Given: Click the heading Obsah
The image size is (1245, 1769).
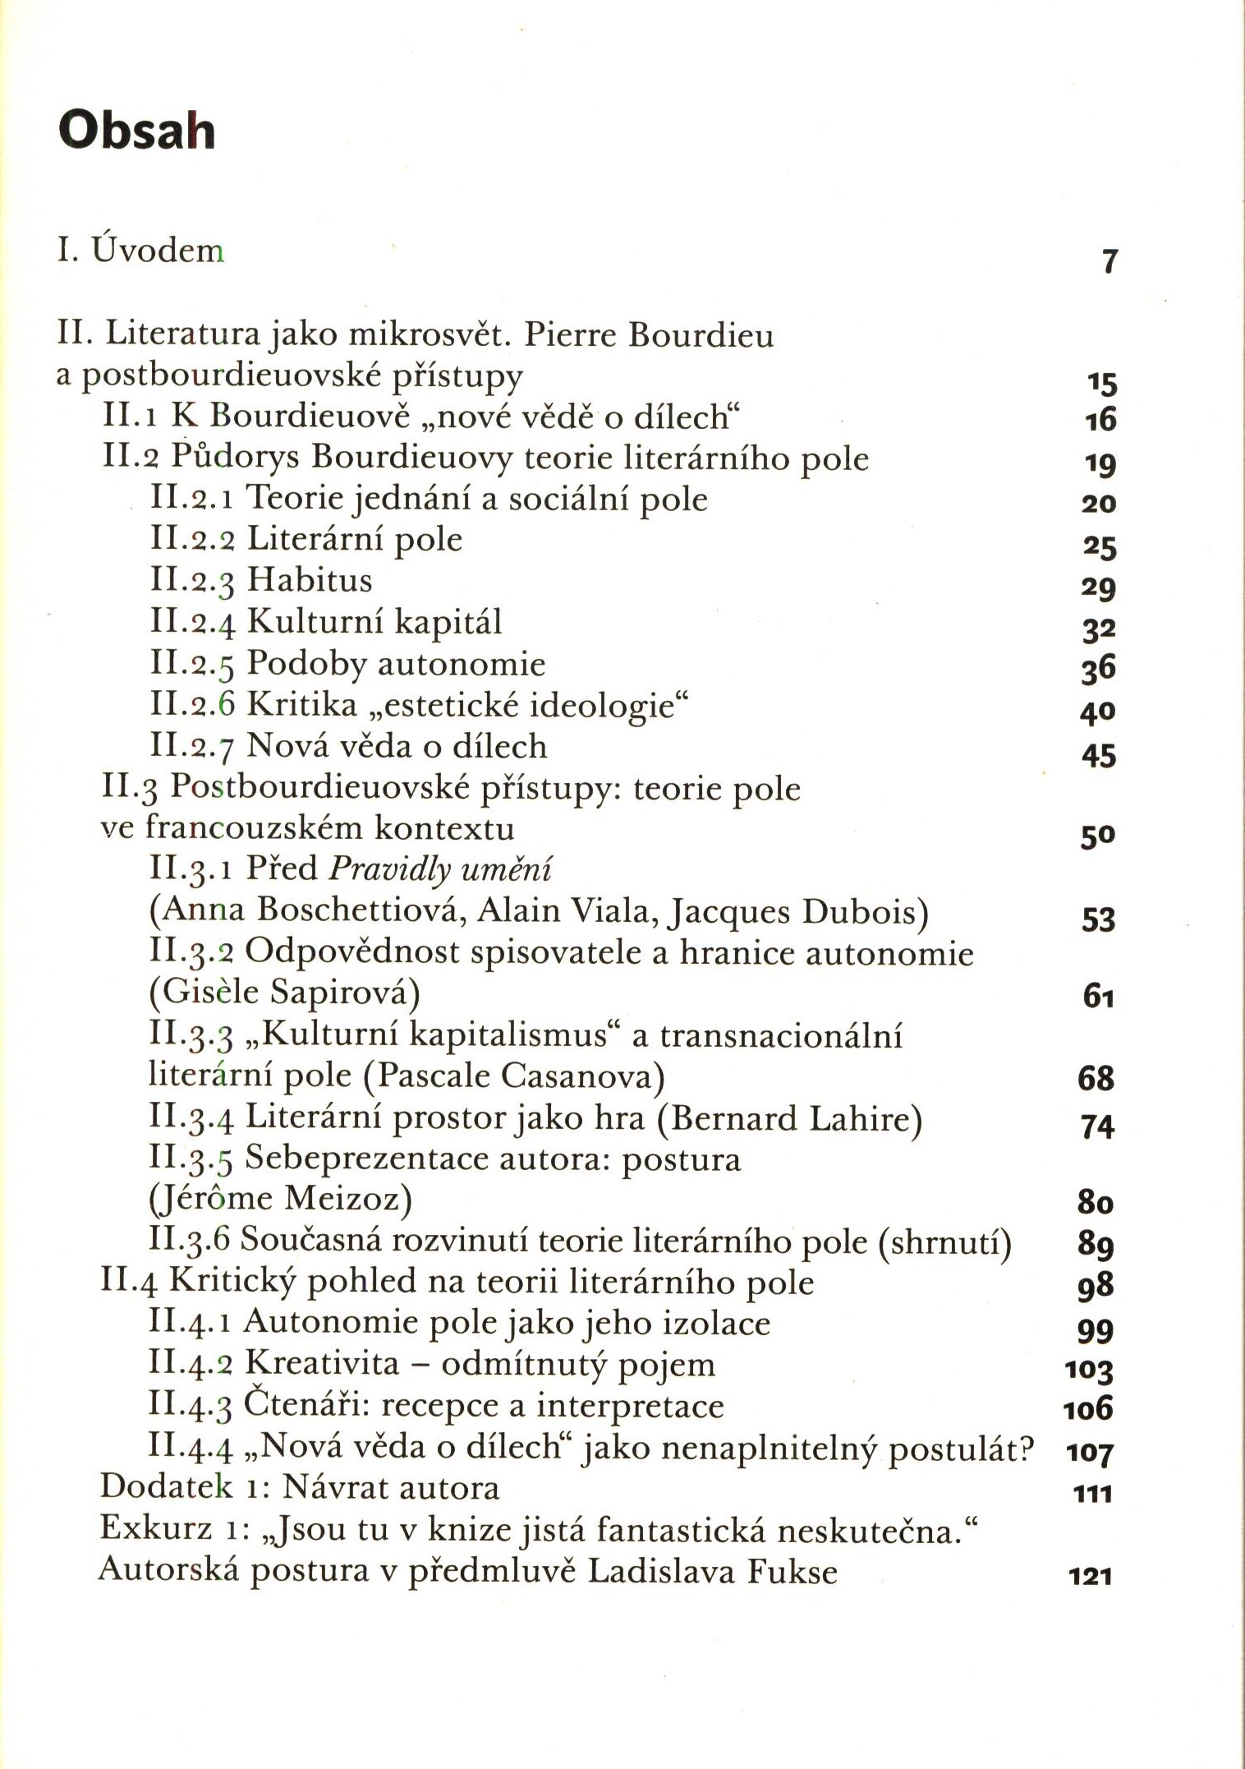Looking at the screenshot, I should pyautogui.click(x=136, y=130).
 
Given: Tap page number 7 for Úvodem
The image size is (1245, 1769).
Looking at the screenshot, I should pyautogui.click(x=1109, y=261).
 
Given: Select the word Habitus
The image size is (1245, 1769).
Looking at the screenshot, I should pyautogui.click(x=310, y=580).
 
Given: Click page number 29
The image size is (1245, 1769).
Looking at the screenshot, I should pyautogui.click(x=1099, y=587).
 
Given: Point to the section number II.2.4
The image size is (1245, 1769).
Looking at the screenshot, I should pyautogui.click(x=193, y=622).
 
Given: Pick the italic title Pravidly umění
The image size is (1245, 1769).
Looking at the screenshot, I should pyautogui.click(x=440, y=869).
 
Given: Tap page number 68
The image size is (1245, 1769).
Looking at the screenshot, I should pyautogui.click(x=1096, y=1078).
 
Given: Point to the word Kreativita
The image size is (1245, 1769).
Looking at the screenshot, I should pyautogui.click(x=322, y=1363).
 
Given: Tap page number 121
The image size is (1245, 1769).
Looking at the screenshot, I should pyautogui.click(x=1091, y=1576).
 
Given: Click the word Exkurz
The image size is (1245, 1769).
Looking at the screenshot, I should pyautogui.click(x=156, y=1528).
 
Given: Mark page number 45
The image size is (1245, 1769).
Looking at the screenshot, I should pyautogui.click(x=1099, y=755).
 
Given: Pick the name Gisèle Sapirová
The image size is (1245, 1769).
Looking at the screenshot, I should pyautogui.click(x=284, y=993).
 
